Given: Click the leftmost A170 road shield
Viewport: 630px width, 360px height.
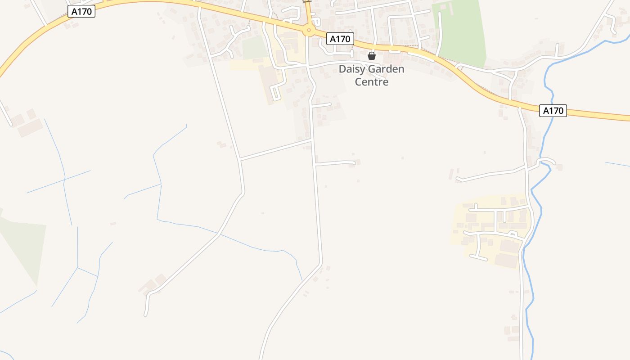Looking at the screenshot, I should coord(81,12).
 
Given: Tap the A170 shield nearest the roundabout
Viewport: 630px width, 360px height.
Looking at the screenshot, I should coord(340,39).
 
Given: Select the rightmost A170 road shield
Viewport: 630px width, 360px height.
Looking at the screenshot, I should coord(553,111).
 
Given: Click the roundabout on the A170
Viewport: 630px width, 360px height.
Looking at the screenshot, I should coord(308,31).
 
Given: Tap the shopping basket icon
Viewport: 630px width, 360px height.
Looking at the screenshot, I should coord(372,56).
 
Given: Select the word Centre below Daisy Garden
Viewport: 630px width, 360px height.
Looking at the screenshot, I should coord(371,82).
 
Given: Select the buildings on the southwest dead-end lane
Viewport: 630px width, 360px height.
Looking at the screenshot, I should coord(153,283).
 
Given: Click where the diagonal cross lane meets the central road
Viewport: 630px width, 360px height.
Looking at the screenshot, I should coord(312,140).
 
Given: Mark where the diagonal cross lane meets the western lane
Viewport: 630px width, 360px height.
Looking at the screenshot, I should coord(240,159).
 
